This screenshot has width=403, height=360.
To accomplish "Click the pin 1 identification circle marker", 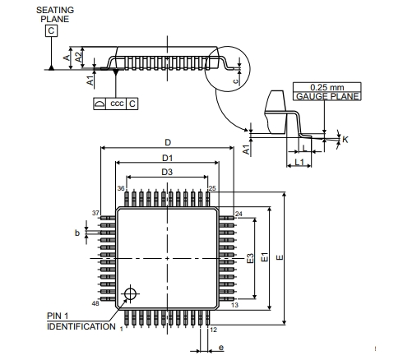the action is click(x=130, y=293).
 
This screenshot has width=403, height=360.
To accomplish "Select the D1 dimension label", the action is click(x=168, y=158).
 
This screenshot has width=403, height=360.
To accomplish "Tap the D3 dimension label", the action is click(x=167, y=172).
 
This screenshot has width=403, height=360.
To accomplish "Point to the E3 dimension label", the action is click(x=250, y=258).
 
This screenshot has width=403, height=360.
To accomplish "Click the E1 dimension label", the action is click(x=265, y=257).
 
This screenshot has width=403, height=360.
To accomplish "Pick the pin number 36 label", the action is click(x=121, y=188).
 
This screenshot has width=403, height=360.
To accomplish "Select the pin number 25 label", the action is click(x=212, y=188).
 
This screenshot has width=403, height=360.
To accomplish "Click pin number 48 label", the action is click(x=95, y=303).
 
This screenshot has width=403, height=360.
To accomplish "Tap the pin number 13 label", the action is click(x=235, y=305).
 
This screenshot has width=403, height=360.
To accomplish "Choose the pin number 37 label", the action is click(x=95, y=213).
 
